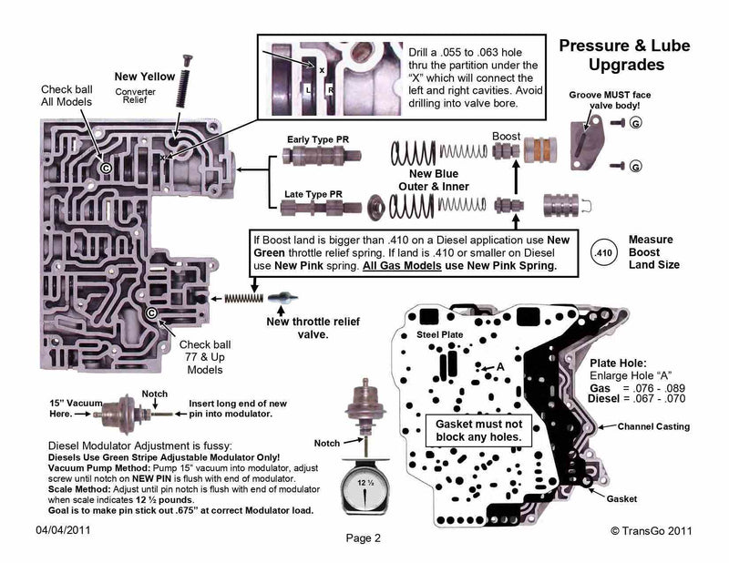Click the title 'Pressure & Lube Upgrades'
pyautogui.click(x=623, y=55)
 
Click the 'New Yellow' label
pyautogui.click(x=143, y=76)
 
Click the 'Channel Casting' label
pyautogui.click(x=653, y=426)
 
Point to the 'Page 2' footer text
pyautogui.click(x=363, y=537)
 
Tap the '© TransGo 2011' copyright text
pyautogui.click(x=654, y=529)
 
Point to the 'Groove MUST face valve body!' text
pyautogui.click(x=609, y=100)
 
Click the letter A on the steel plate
pyautogui.click(x=498, y=366)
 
